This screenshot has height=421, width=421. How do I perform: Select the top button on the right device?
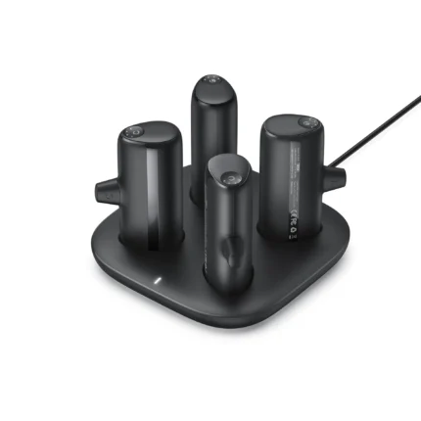click(x=306, y=121)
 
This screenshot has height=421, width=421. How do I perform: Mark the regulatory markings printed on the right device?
click(x=295, y=219)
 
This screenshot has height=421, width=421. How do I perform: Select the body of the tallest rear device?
click(x=212, y=127)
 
